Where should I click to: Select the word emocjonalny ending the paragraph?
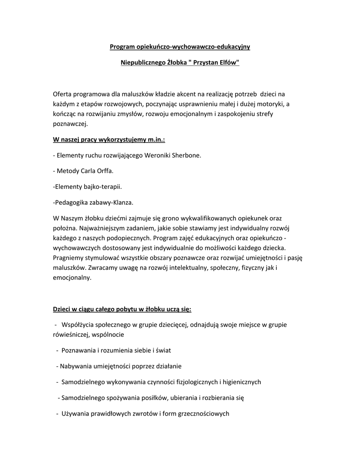point(72,278)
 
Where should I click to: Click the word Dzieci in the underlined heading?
point(63,309)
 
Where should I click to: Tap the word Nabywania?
point(76,366)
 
